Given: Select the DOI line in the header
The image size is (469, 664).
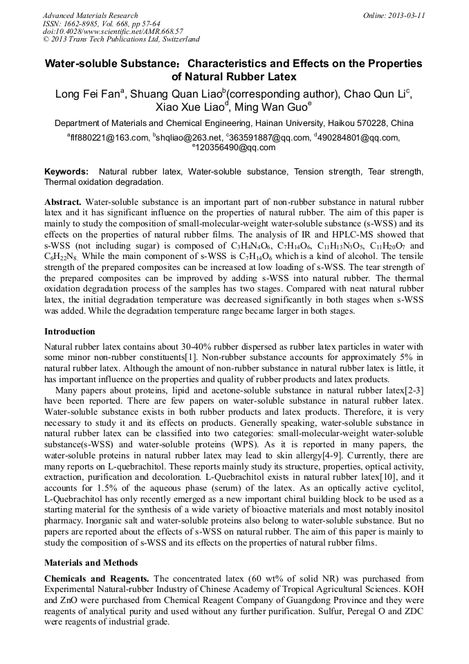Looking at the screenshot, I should click(113, 32).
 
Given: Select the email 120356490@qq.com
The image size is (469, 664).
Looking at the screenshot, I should click(237, 147).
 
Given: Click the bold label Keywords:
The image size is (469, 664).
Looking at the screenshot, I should click(66, 171).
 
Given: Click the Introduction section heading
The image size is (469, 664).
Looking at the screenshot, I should click(70, 332).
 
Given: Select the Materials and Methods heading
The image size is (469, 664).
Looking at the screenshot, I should click(91, 563).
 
